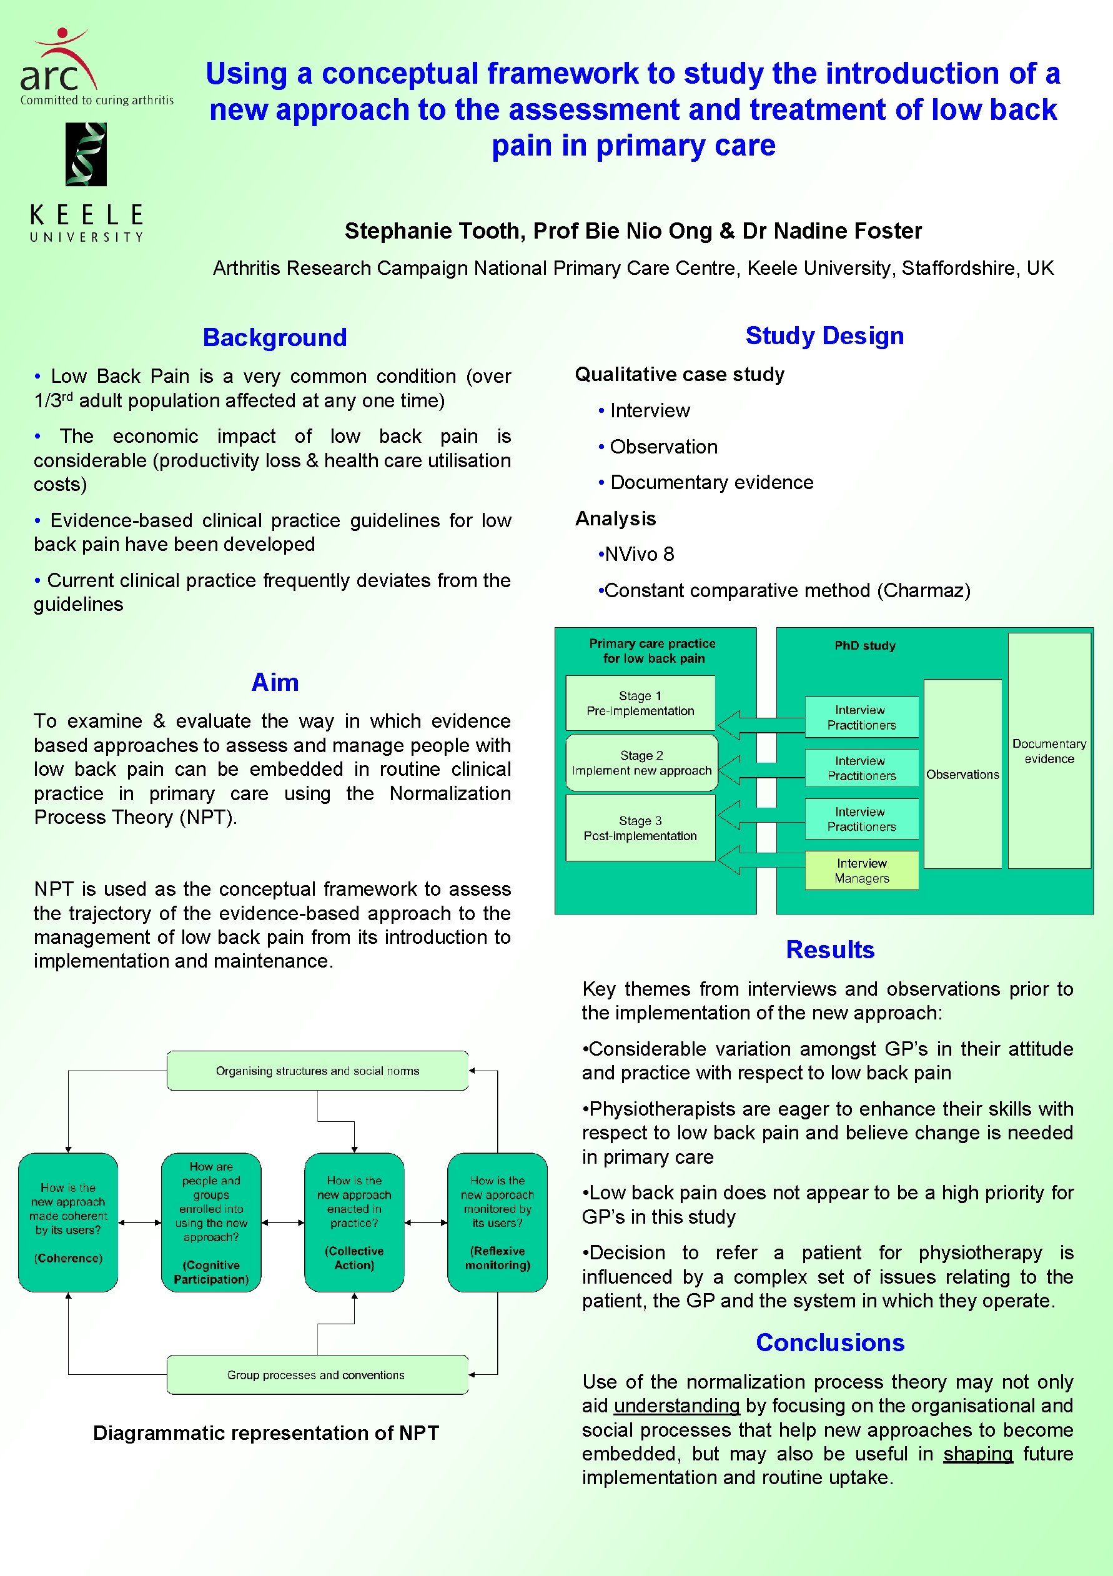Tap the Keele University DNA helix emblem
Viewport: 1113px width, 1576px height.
click(86, 154)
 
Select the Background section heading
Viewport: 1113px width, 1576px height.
click(274, 338)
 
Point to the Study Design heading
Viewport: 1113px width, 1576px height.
click(824, 335)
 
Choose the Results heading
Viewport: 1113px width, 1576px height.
click(829, 949)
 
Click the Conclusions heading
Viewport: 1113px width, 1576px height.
click(829, 1342)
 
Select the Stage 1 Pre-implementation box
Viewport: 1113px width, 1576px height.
click(640, 703)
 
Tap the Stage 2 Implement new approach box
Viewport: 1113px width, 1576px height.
click(641, 763)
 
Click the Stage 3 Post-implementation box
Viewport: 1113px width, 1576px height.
click(640, 828)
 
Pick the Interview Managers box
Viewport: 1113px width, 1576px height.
click(861, 870)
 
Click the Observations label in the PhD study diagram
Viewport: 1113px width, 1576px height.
click(962, 775)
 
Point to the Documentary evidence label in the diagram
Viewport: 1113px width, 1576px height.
click(1049, 751)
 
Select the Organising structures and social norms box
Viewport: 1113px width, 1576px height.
click(317, 1071)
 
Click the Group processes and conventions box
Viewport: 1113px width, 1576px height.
click(316, 1375)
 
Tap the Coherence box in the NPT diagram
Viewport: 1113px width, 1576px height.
click(68, 1222)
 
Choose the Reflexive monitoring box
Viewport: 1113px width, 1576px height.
click(498, 1222)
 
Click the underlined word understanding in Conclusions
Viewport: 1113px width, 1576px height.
click(676, 1405)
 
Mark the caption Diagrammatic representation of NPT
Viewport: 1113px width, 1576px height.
click(265, 1432)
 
